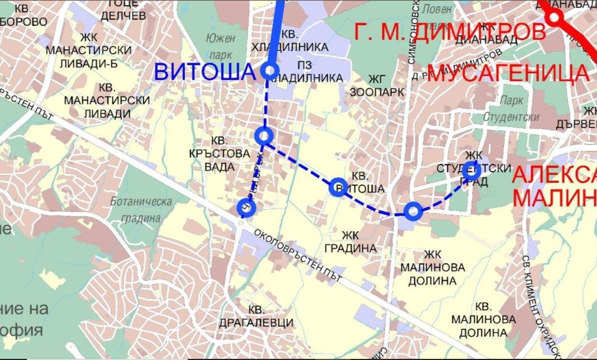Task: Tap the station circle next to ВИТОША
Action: pyautogui.click(x=269, y=70)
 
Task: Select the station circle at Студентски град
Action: pyautogui.click(x=471, y=171)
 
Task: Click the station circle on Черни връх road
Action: pyautogui.click(x=246, y=208)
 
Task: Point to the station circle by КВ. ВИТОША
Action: pyautogui.click(x=338, y=187)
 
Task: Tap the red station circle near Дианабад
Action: pyautogui.click(x=555, y=17)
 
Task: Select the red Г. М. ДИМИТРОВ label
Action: pyautogui.click(x=450, y=31)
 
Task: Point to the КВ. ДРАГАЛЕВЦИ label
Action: pyautogui.click(x=271, y=316)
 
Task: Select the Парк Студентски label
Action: pyautogui.click(x=511, y=109)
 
